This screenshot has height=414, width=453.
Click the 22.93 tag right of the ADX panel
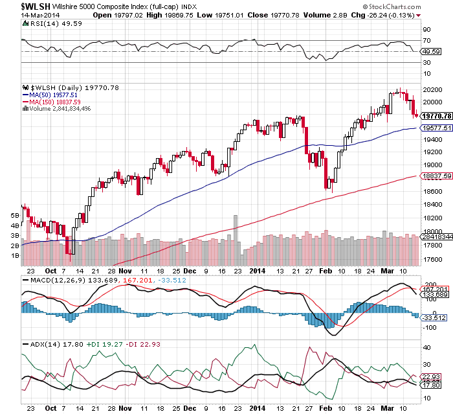[430, 377]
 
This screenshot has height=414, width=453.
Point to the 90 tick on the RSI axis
[426, 30]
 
